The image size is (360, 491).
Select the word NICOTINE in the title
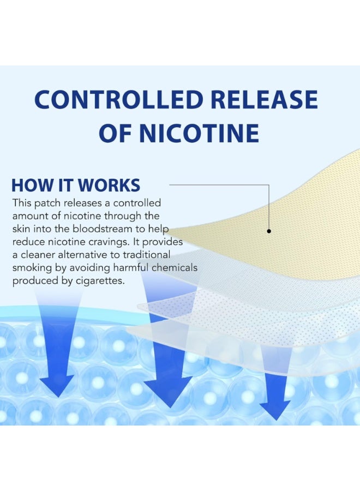[x=199, y=133]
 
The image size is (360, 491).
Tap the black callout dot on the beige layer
[x=269, y=231]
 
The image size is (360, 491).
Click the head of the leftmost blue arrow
[x=58, y=386]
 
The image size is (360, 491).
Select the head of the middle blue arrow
[x=169, y=391]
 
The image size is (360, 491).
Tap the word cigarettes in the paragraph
[x=100, y=281]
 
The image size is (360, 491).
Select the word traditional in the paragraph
[x=146, y=255]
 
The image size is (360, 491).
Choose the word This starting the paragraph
[x=22, y=203]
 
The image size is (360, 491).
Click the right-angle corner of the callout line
[x=269, y=185]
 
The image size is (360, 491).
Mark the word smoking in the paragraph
[x=30, y=268]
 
